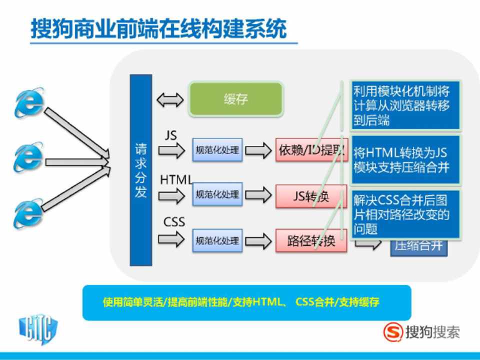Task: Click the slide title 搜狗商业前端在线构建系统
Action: click(x=159, y=29)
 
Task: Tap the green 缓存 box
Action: click(x=235, y=99)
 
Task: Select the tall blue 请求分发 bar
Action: click(x=140, y=170)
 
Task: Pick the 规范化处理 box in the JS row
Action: click(x=217, y=150)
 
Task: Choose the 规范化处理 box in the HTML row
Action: click(x=217, y=194)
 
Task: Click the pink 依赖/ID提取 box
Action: click(x=311, y=150)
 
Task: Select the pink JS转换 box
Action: click(x=311, y=196)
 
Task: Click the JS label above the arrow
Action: click(x=170, y=135)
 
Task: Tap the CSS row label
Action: click(x=174, y=221)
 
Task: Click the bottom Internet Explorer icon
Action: click(x=28, y=213)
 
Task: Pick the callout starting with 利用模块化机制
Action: click(x=405, y=105)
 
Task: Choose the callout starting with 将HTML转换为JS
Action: click(x=405, y=159)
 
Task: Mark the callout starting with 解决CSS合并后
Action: click(x=405, y=214)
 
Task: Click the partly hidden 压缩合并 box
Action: click(x=419, y=246)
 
